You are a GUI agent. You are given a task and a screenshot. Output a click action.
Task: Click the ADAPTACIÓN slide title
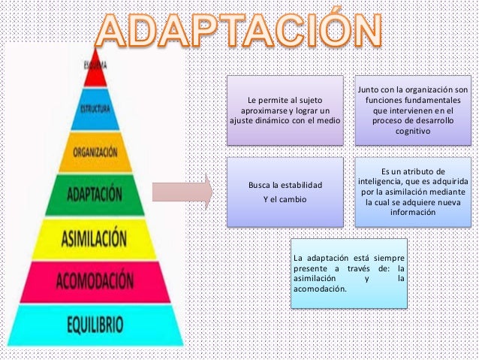239,31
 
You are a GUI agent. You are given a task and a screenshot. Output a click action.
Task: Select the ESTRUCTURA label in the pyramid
95,108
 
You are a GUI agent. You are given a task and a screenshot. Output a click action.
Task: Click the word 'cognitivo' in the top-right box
411,131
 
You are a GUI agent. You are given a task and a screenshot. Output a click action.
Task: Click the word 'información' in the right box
411,213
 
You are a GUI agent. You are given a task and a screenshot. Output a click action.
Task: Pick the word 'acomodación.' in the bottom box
320,289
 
